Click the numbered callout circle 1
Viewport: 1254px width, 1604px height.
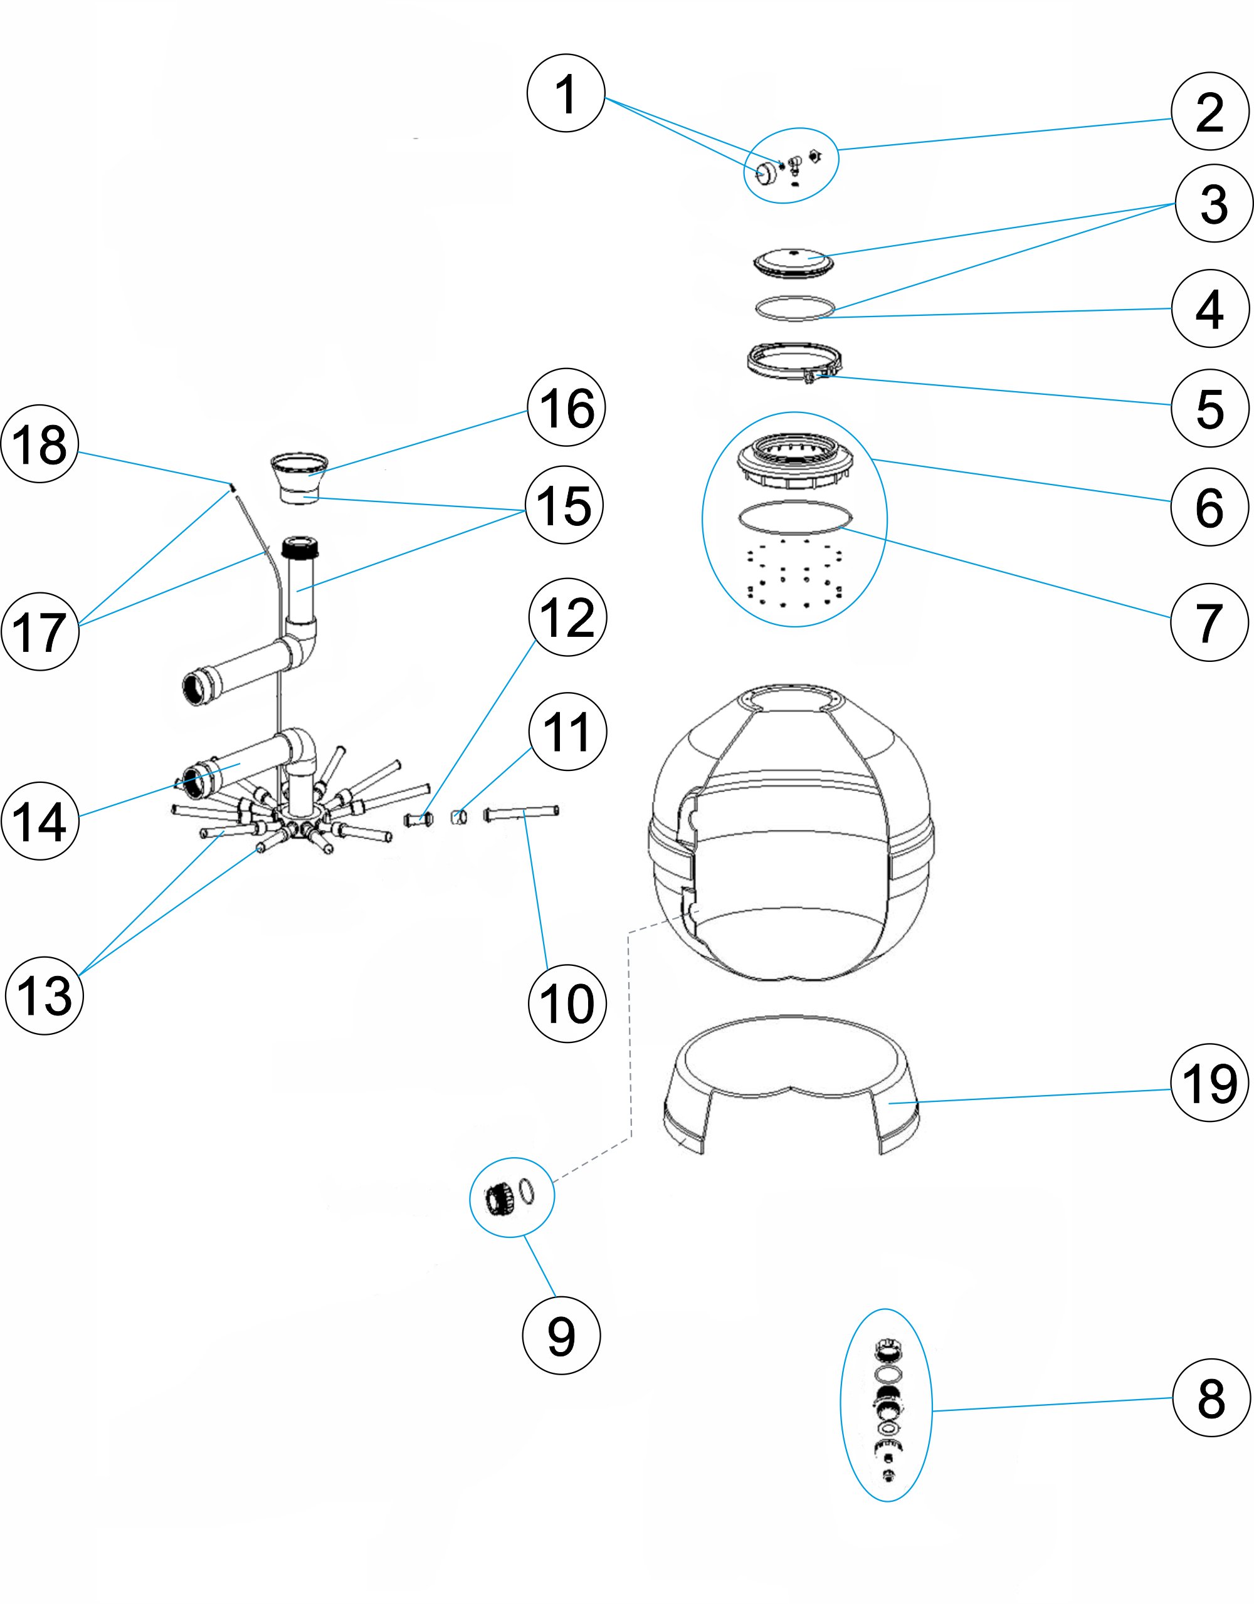(565, 93)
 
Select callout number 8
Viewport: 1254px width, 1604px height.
(1210, 1398)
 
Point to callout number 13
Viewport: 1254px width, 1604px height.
(44, 995)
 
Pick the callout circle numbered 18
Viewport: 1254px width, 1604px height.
(40, 444)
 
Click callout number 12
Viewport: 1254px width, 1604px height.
(567, 617)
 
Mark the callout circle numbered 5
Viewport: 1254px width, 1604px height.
(1209, 408)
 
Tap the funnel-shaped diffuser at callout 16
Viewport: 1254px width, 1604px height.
(299, 474)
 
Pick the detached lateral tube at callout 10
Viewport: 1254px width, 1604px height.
(521, 813)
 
